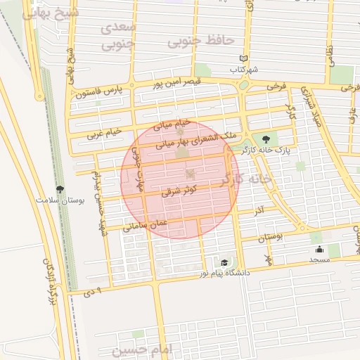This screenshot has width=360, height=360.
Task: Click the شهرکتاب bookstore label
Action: click(x=245, y=70)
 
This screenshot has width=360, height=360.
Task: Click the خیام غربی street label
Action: click(x=104, y=132)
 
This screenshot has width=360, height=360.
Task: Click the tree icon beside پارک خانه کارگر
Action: click(x=265, y=139)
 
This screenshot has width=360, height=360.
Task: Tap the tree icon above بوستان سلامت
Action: click(x=60, y=189)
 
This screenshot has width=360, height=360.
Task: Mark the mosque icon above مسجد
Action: click(x=319, y=249)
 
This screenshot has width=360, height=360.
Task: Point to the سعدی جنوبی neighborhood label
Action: click(x=117, y=37)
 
